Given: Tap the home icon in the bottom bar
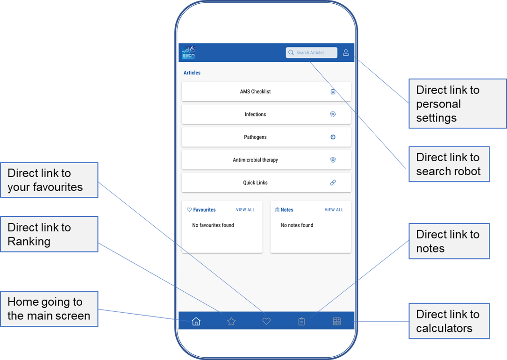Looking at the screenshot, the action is coord(196,321).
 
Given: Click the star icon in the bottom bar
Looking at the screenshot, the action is coord(231,321).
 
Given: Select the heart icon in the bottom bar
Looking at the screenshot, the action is coord(266,321).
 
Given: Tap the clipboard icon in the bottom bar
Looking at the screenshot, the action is coord(301,321).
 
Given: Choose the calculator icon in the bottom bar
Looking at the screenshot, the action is coord(336,321).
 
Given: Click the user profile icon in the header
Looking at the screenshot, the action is coord(346,52).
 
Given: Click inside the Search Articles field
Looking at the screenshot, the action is coord(311,52).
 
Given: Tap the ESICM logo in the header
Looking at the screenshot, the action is coord(188,52).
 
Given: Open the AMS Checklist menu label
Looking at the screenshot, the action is coord(255,92).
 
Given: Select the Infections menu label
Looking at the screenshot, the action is coord(255,114).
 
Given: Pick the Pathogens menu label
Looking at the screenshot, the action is coord(255,137).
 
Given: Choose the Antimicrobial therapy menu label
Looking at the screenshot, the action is coord(255,160).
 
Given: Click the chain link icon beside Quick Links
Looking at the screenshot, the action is coord(333,182).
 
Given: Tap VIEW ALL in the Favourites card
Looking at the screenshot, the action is coord(245,210).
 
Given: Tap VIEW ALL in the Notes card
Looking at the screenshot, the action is coord(334,210).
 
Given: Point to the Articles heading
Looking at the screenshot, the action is coord(192,73).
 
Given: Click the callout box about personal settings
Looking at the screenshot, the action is coord(457,103).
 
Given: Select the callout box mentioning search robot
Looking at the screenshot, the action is coord(449,164).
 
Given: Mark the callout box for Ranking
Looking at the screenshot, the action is coord(49,234).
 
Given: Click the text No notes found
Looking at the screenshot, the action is coord(297,225).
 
